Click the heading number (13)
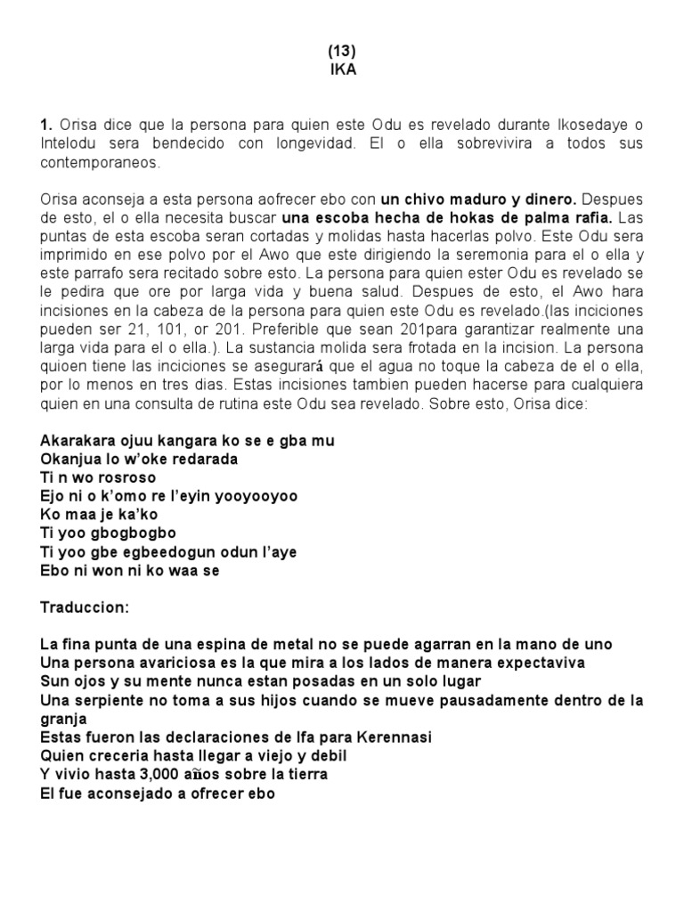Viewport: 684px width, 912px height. click(x=342, y=52)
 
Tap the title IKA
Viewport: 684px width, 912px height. click(x=342, y=70)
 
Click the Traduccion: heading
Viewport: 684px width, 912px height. click(x=85, y=607)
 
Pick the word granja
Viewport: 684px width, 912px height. click(x=64, y=719)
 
